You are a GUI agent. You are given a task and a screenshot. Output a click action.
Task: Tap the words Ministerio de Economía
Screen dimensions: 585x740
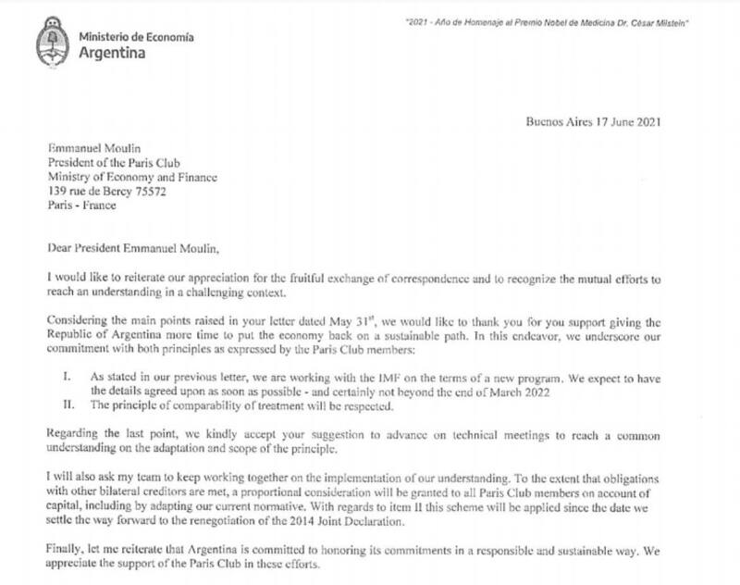coord(136,35)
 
